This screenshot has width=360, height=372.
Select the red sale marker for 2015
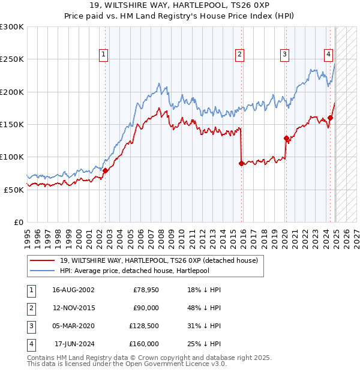point(241,163)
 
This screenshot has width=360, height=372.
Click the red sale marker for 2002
point(105,170)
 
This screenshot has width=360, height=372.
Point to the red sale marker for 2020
point(286,138)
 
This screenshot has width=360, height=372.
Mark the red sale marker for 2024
point(331,118)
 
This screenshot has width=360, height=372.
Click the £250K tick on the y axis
point(12,59)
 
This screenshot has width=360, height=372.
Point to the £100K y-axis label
point(12,157)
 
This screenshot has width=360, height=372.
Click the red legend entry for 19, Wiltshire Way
point(158,260)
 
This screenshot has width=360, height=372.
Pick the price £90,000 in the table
point(146,308)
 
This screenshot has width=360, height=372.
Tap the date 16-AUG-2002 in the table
point(73,290)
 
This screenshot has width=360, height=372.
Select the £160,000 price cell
point(143,344)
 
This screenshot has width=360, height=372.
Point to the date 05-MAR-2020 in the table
point(73,326)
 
